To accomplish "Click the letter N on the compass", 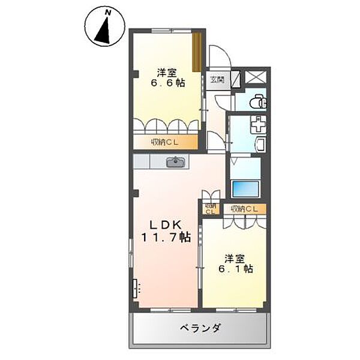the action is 107,13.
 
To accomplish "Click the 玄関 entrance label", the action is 217,80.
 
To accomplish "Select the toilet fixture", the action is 258,101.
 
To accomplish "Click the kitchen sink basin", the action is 176,162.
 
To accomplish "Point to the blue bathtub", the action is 245,189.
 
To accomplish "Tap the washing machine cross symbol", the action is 258,124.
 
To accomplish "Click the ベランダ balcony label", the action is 200,328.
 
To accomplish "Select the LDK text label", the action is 166,225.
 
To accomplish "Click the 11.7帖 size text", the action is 166,237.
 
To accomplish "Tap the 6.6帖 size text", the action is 167,83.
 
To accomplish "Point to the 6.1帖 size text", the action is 235,269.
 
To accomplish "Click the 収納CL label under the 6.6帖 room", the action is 164,142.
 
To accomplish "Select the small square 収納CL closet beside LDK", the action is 211,208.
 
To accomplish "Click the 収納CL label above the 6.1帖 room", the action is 244,209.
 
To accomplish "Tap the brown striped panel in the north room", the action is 197,52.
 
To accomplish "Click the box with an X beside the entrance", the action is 256,77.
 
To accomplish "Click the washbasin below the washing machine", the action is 260,145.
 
